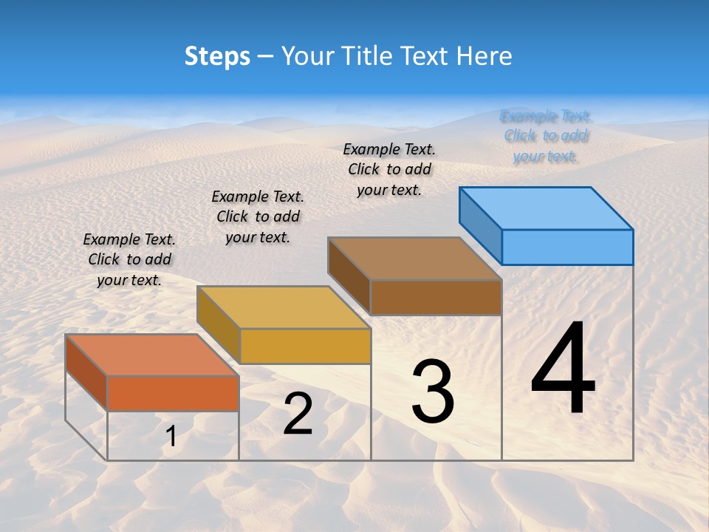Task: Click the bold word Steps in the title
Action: coord(217,56)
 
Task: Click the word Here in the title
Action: coord(484,56)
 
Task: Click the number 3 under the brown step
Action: coord(433,392)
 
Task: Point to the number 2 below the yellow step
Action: coord(298,414)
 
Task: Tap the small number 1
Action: coord(171,436)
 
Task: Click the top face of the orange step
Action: coord(151,355)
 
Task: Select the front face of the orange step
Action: coord(173,393)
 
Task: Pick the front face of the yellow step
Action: coord(305,346)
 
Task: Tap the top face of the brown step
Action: coord(414,259)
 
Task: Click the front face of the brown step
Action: coord(436,297)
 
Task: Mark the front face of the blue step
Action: coord(567,247)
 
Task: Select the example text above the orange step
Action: coord(129,259)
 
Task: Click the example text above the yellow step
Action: coord(258,216)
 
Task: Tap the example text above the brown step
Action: coord(389,169)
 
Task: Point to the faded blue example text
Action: coord(546,136)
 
